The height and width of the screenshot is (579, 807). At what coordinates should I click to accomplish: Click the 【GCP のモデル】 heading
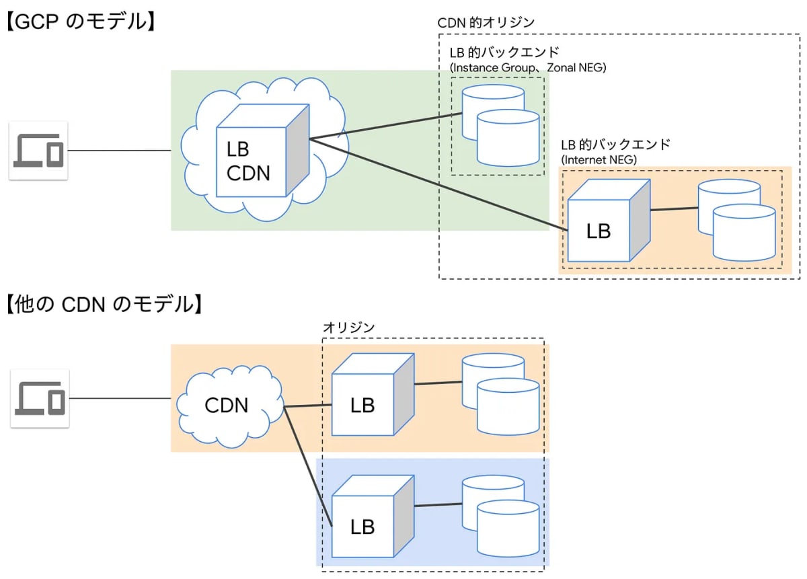[x=81, y=21]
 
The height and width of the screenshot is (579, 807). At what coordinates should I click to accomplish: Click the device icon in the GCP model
[x=38, y=151]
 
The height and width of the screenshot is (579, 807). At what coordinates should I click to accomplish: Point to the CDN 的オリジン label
[x=486, y=22]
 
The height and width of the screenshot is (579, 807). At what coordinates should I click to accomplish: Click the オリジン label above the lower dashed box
[x=348, y=327]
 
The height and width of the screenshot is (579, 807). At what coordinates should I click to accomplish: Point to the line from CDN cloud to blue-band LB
[x=308, y=464]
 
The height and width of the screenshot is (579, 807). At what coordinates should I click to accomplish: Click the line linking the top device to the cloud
[x=120, y=151]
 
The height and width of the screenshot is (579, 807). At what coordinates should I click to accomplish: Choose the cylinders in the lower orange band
[x=500, y=393]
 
